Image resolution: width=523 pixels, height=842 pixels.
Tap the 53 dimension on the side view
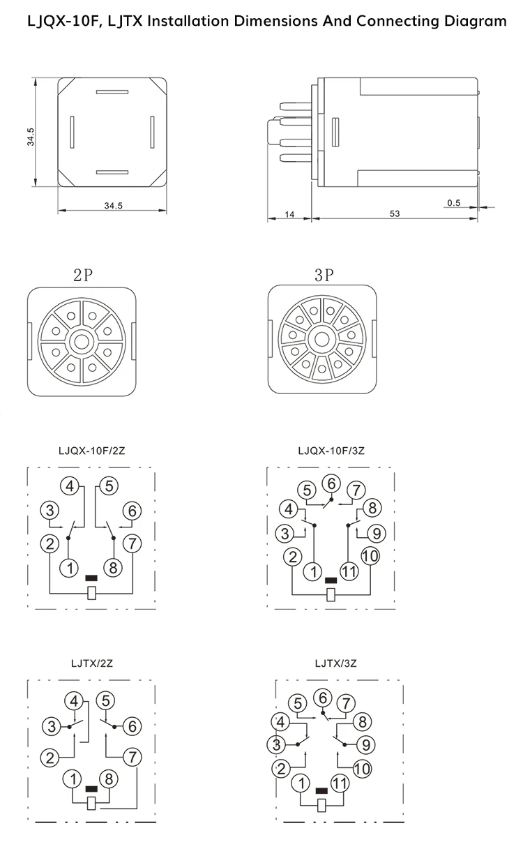pos(395,214)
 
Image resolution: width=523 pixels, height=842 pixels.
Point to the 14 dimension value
pos(289,214)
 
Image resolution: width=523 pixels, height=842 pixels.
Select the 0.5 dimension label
pos(453,203)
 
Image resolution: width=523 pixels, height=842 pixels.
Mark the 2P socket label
pos(83,275)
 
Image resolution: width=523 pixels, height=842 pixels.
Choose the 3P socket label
pos(324,275)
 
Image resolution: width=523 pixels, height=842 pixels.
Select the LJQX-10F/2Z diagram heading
pos(91,451)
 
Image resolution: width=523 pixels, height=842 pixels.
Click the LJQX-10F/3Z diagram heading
pos(331,451)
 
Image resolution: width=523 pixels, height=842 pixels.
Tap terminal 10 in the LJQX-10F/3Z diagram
pos(369,556)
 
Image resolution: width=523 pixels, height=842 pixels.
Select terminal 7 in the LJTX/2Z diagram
pos(130,755)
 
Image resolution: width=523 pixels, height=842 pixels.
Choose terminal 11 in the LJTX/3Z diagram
pos(340,783)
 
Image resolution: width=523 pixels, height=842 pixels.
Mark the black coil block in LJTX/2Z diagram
pos(91,789)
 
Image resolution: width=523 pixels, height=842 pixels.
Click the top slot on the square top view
pos(112,91)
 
